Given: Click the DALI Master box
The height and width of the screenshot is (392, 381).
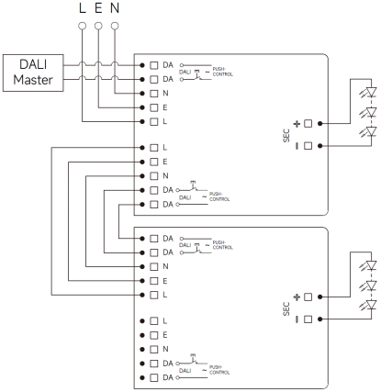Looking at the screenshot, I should click(x=34, y=73).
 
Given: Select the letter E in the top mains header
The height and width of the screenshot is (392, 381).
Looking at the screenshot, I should click(x=98, y=9).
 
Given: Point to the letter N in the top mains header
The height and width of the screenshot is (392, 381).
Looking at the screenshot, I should click(x=114, y=9).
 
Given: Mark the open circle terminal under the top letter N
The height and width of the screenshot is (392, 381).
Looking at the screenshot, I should click(x=114, y=26).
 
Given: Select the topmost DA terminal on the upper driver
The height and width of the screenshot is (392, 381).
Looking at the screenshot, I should click(x=152, y=66).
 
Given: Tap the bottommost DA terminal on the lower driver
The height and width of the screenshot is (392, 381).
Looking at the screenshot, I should click(x=152, y=376).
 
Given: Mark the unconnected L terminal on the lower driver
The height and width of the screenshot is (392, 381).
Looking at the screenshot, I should click(x=152, y=321).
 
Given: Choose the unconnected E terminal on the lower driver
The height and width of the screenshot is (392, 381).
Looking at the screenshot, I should click(x=152, y=335).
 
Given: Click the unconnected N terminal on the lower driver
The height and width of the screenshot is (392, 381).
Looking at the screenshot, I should click(x=152, y=349).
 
